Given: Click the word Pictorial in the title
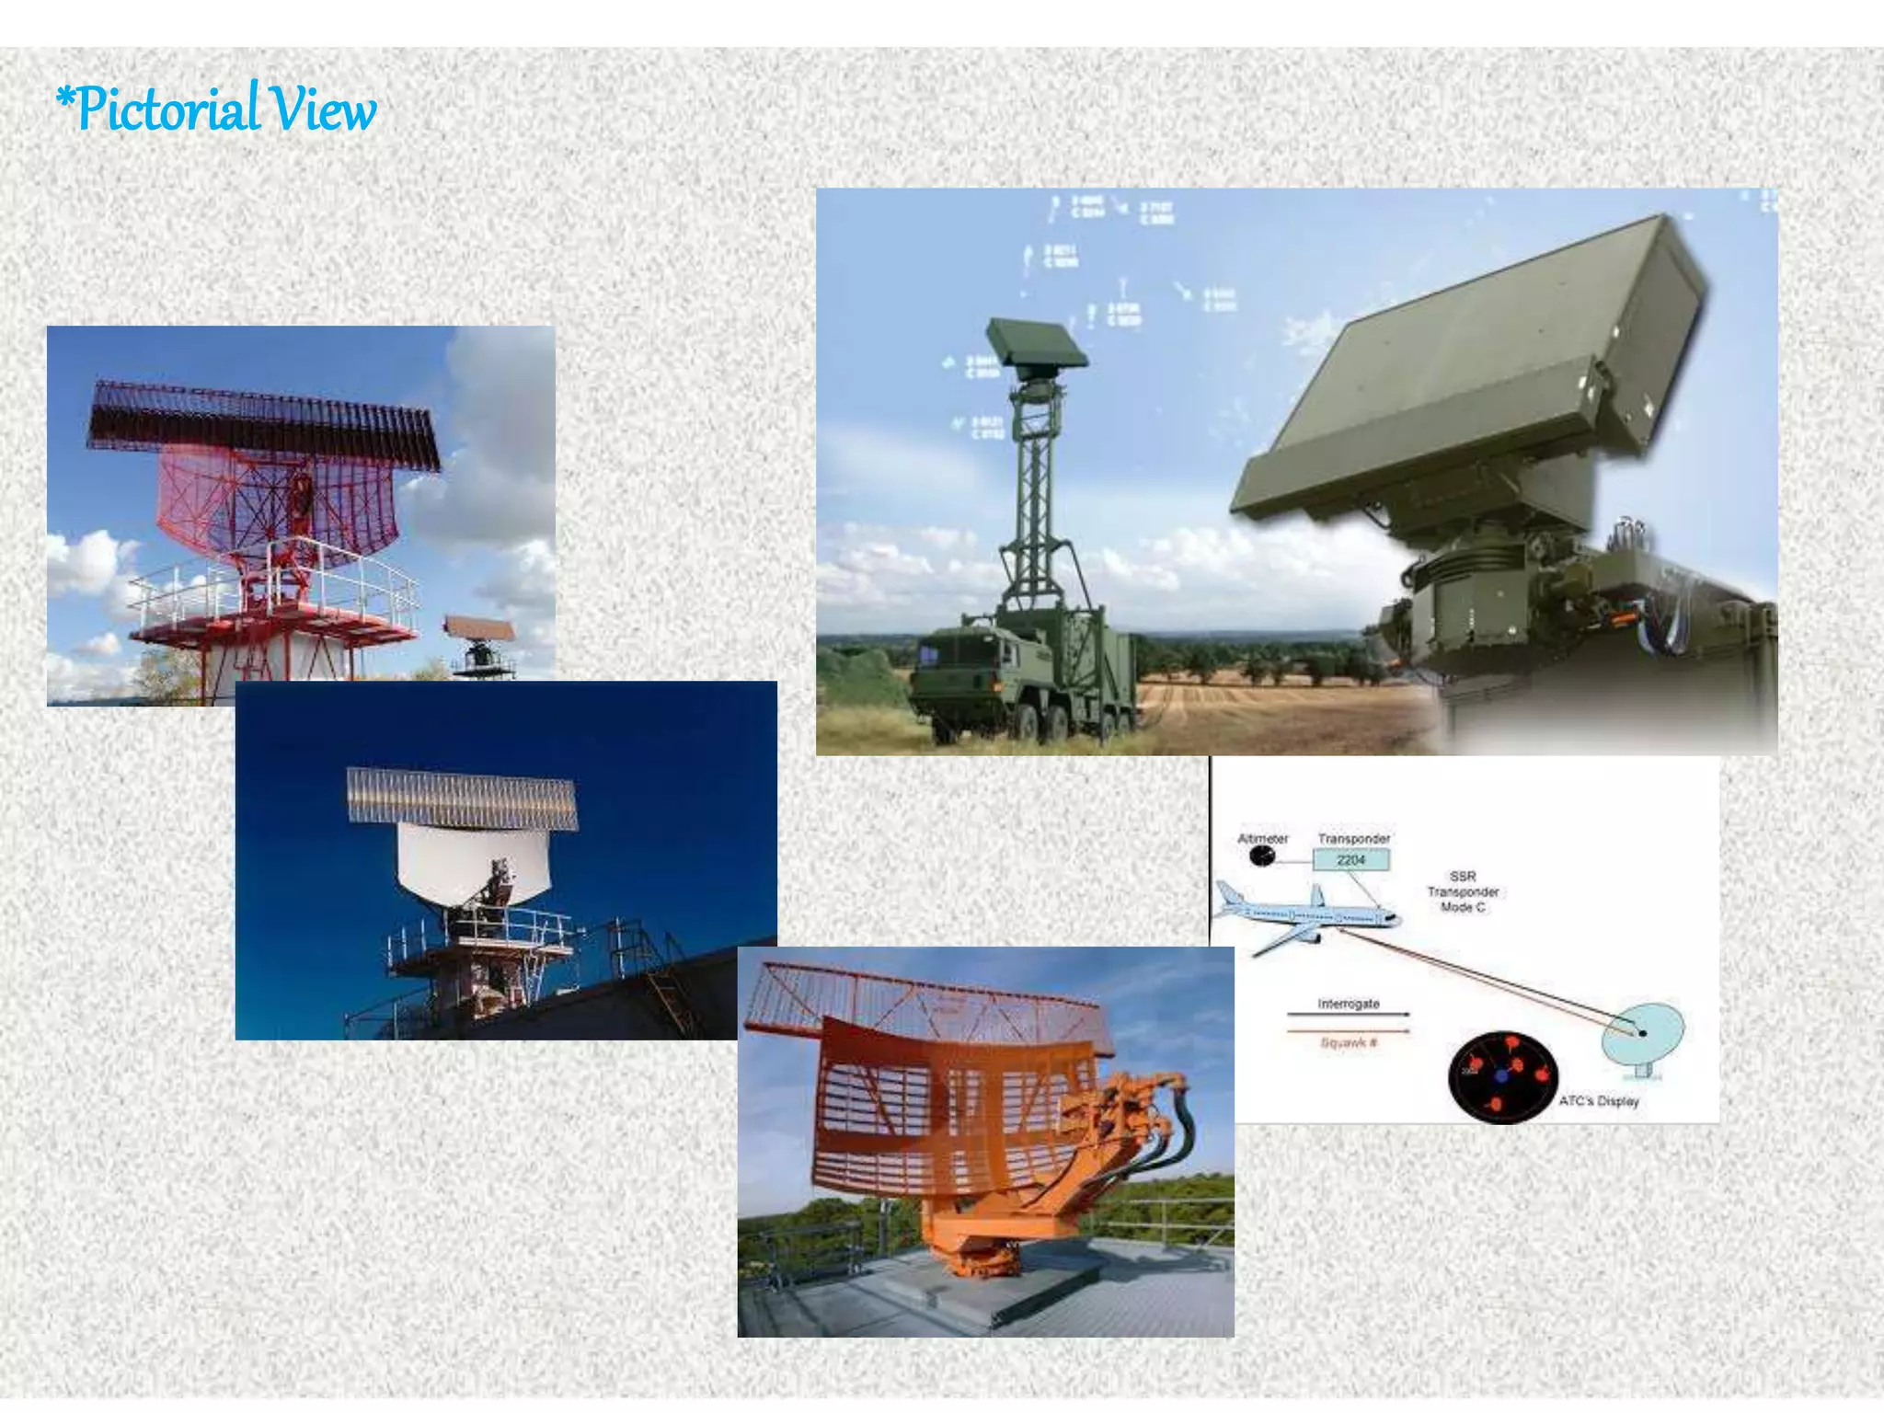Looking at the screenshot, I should pos(166,109).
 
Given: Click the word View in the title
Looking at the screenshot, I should pos(327,109).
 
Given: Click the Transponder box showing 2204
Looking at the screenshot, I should pos(1350,860).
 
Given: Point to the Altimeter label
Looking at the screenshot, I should pos(1262,839).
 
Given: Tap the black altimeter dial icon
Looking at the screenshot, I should pos(1262,857).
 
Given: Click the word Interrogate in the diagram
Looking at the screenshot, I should pos(1348,1004).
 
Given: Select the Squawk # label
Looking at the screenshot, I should pos(1348,1042).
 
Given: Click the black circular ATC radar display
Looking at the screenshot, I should pos(1502,1076).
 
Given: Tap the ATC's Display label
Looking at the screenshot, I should pos(1599,1101).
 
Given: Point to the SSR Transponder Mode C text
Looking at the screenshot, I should pos(1463,891).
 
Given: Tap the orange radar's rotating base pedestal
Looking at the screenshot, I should pos(975,1251).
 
